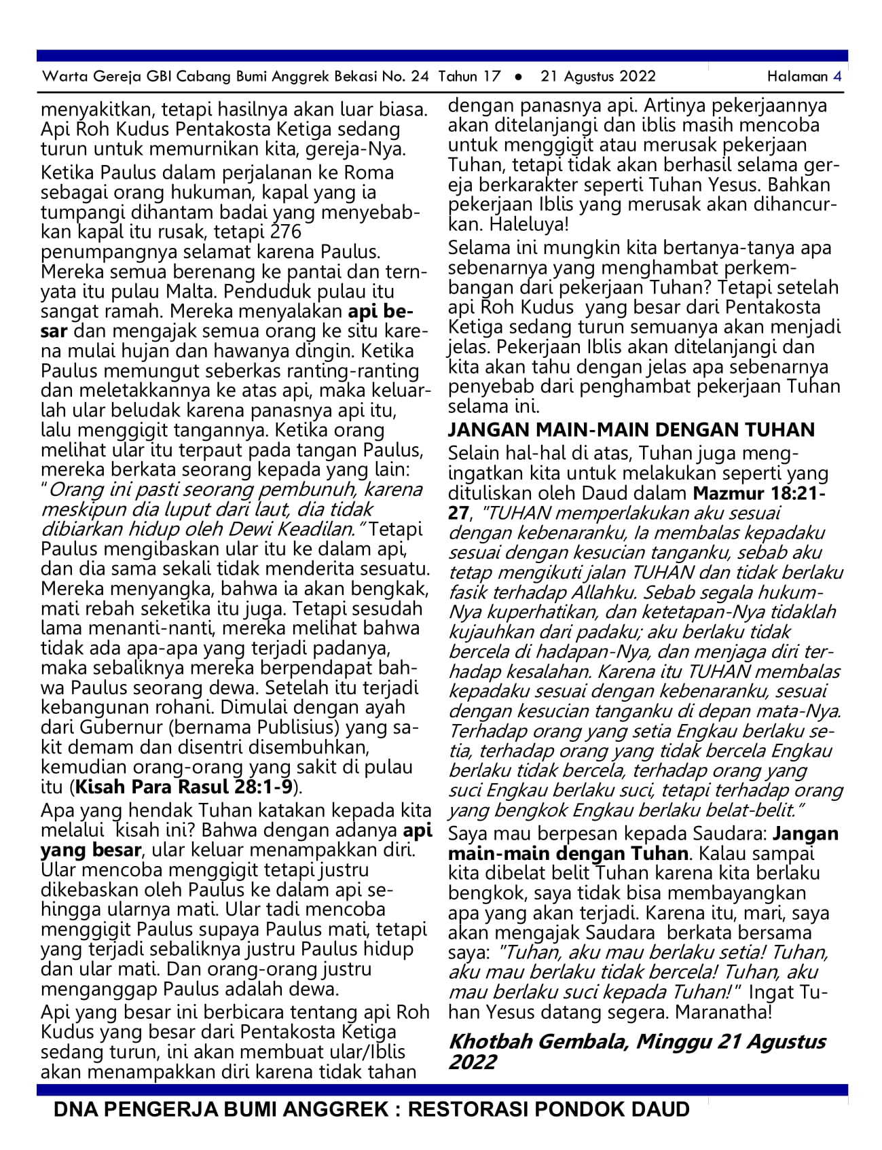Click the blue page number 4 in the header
tap(837, 76)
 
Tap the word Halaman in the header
tap(797, 76)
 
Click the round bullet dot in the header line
tap(519, 77)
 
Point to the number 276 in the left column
tap(286, 232)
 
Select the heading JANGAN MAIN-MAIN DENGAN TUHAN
tap(631, 430)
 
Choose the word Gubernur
tap(121, 727)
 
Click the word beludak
tap(145, 411)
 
